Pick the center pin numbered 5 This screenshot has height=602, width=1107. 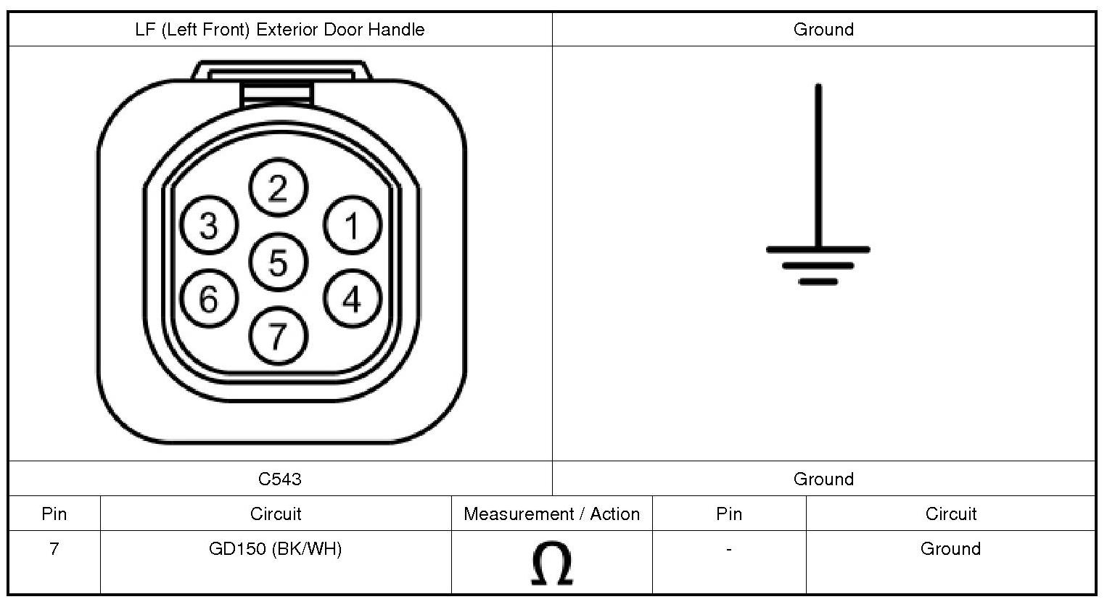point(279,262)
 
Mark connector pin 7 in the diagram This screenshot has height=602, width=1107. point(279,336)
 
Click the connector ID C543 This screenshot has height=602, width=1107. point(280,479)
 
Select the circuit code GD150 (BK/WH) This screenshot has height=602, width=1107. point(275,548)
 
